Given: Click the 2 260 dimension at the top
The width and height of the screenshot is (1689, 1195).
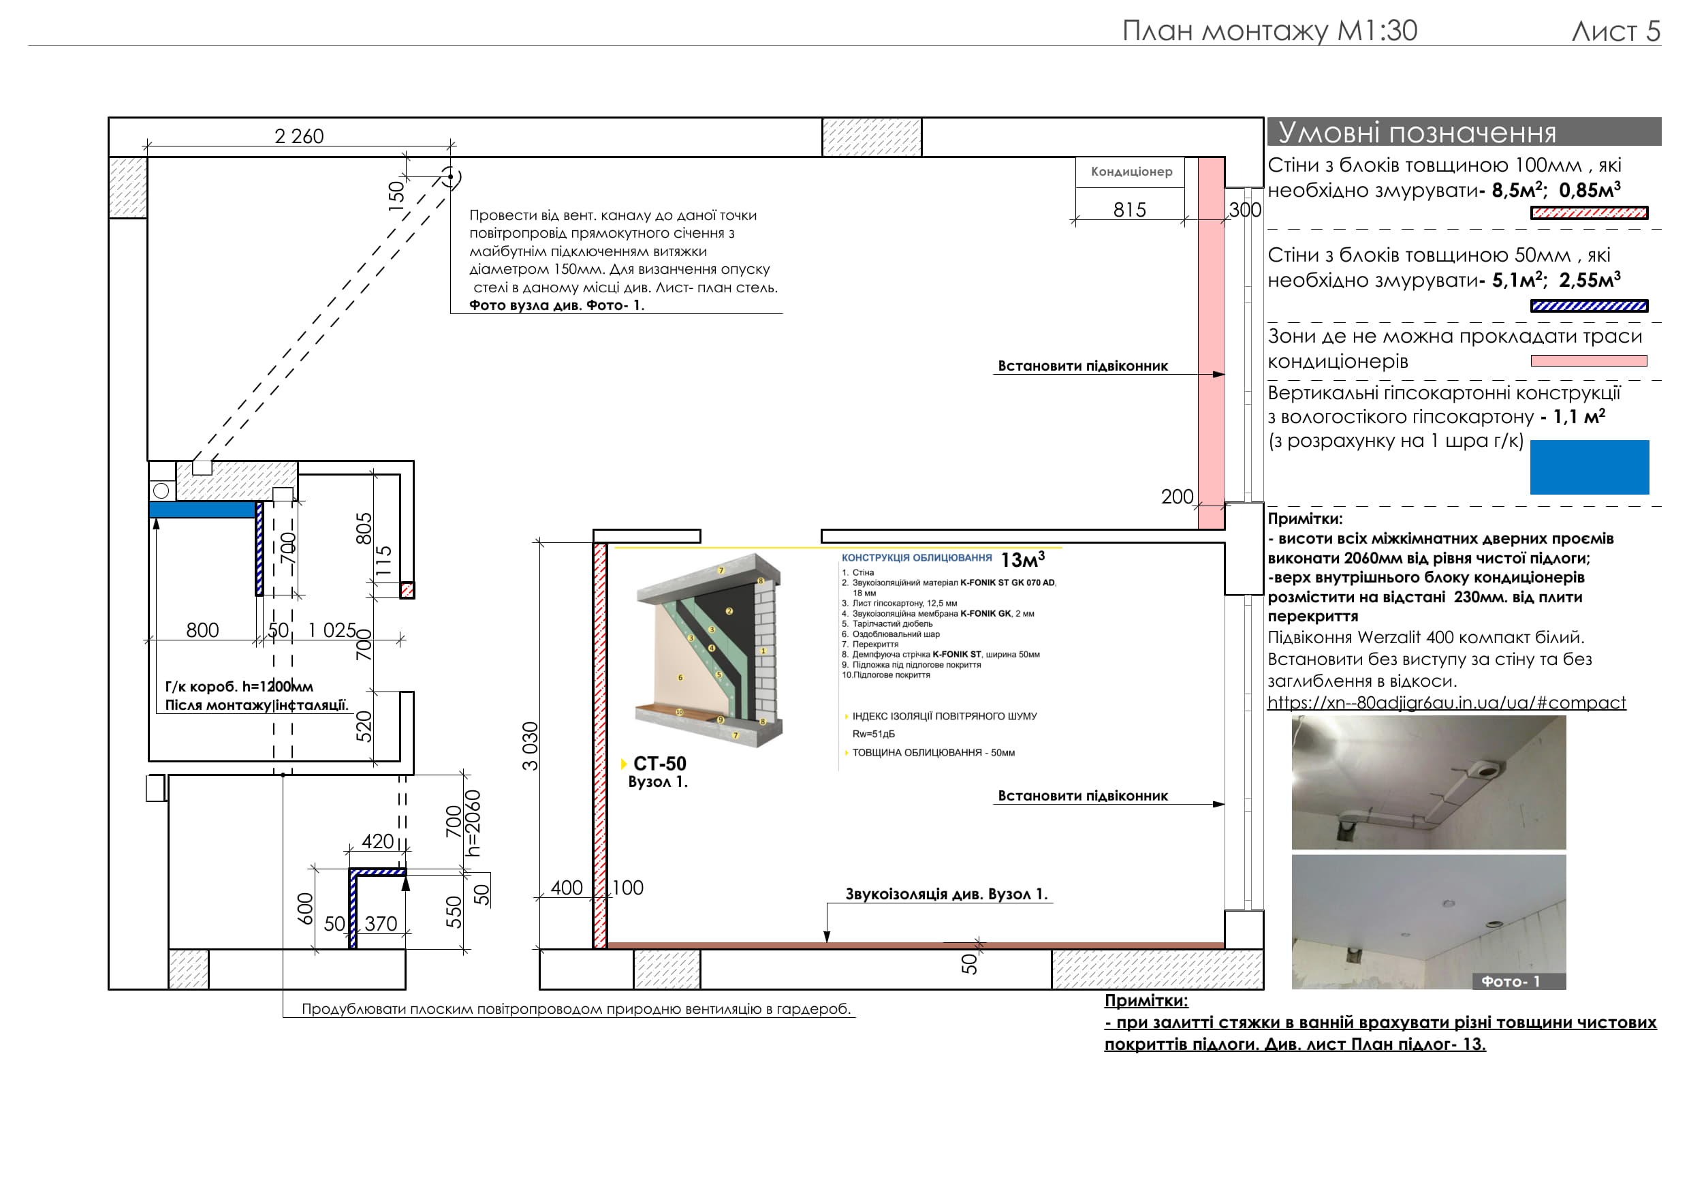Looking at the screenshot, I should click(x=299, y=136).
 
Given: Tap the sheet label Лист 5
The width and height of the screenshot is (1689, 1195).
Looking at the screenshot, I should click(x=1615, y=31).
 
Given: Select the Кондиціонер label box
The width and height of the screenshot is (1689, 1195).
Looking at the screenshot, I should click(x=1131, y=172).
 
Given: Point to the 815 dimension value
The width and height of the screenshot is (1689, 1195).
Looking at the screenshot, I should click(x=1129, y=211).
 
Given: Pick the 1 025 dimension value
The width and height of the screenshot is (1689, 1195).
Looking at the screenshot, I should click(x=332, y=631).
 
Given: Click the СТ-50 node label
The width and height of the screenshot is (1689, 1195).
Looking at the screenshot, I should click(x=659, y=764).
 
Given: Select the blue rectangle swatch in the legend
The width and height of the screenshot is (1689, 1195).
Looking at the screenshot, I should click(x=1589, y=467).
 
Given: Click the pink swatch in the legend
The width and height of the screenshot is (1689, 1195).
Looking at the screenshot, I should click(x=1588, y=361).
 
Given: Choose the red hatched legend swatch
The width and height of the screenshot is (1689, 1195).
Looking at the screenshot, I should click(x=1588, y=213).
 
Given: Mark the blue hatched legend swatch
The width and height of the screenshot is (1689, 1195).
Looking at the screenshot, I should click(x=1588, y=306).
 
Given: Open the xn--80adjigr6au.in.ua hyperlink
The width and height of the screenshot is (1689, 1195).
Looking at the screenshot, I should click(x=1445, y=702).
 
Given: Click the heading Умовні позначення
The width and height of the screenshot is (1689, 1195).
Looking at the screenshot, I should click(x=1417, y=132).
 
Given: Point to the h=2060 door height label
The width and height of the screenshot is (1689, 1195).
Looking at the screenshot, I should click(x=474, y=824).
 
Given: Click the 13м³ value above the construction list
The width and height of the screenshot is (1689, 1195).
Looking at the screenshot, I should click(x=1022, y=560).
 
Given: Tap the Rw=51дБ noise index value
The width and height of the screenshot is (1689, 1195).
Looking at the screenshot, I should click(x=873, y=734).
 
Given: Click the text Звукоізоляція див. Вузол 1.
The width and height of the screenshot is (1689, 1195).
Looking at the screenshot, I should click(x=945, y=894).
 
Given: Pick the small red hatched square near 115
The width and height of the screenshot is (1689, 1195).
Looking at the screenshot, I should click(x=407, y=590).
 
